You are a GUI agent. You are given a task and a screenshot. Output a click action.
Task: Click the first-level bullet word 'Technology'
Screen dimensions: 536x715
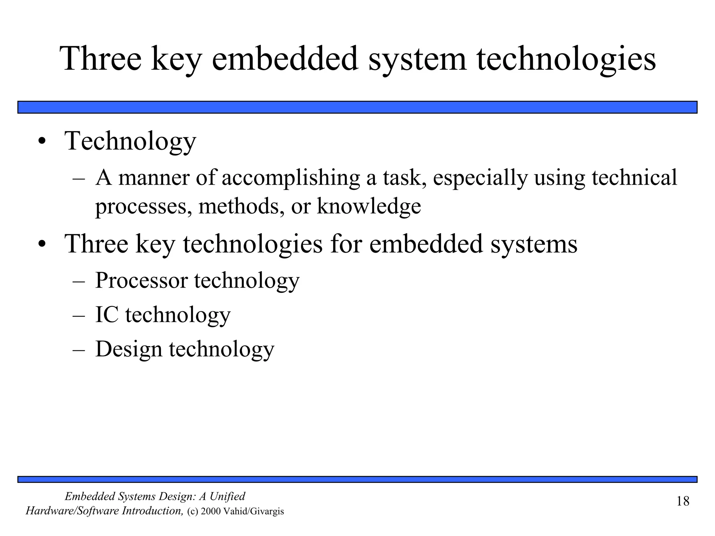130,141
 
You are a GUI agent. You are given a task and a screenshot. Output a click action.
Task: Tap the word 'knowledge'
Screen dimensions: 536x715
369,206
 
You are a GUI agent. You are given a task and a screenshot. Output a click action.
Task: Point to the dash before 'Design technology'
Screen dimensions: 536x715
79,349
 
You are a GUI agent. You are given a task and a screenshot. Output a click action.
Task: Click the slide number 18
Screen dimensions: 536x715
683,501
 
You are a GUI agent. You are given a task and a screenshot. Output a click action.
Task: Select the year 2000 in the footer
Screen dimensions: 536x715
211,512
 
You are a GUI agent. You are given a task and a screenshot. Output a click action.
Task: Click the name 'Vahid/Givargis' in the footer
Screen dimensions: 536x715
253,512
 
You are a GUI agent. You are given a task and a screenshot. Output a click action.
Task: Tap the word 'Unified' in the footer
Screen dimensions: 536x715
227,496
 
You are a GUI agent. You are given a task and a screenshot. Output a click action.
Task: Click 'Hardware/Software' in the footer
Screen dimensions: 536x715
72,511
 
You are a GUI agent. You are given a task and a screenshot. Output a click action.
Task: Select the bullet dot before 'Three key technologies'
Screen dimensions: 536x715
42,244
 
